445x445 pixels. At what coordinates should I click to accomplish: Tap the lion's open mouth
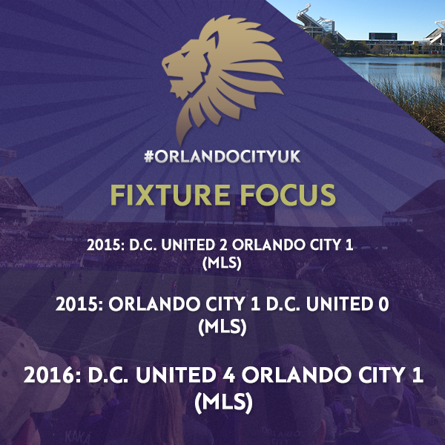click(x=173, y=73)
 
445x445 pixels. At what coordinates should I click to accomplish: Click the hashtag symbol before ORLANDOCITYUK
click(x=149, y=156)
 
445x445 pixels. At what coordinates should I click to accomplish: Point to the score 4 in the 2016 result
click(x=231, y=375)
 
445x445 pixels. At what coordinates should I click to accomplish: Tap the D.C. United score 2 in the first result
click(x=223, y=245)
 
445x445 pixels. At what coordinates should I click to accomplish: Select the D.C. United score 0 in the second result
click(x=384, y=304)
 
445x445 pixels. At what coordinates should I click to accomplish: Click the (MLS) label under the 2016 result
click(x=224, y=403)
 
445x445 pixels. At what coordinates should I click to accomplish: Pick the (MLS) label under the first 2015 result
click(x=222, y=263)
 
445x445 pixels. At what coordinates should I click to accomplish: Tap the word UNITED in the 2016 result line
click(x=176, y=375)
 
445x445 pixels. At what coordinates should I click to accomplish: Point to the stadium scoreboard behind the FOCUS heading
click(x=220, y=212)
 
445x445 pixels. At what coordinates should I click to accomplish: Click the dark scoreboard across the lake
click(x=383, y=36)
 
